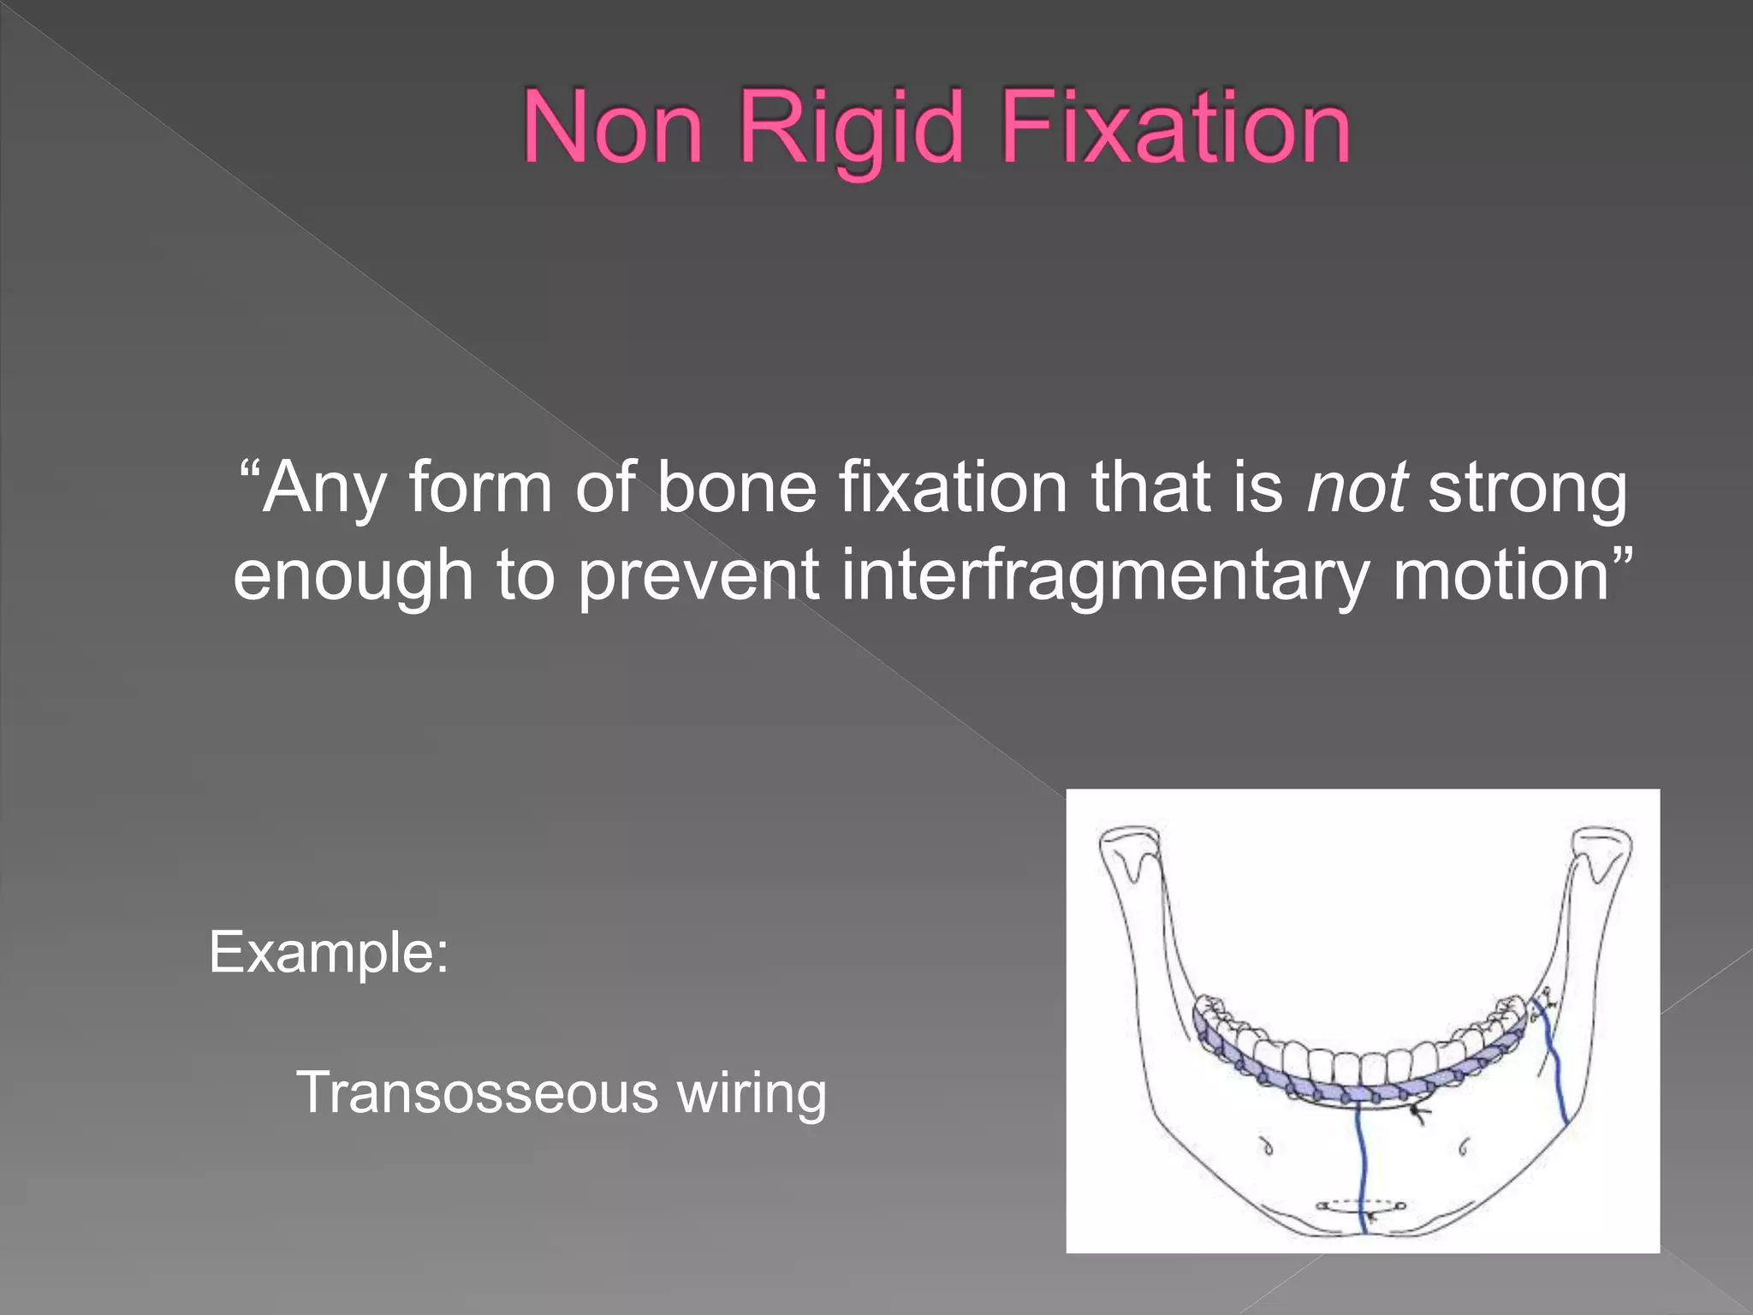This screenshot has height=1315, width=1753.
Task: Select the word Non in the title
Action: (x=612, y=128)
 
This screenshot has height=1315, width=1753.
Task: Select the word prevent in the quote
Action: (x=698, y=575)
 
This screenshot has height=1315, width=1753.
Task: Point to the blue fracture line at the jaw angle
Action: (x=1555, y=1070)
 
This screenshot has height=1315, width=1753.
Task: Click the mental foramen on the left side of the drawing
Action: (x=1268, y=1146)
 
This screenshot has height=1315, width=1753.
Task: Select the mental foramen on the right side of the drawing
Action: (x=1463, y=1145)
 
